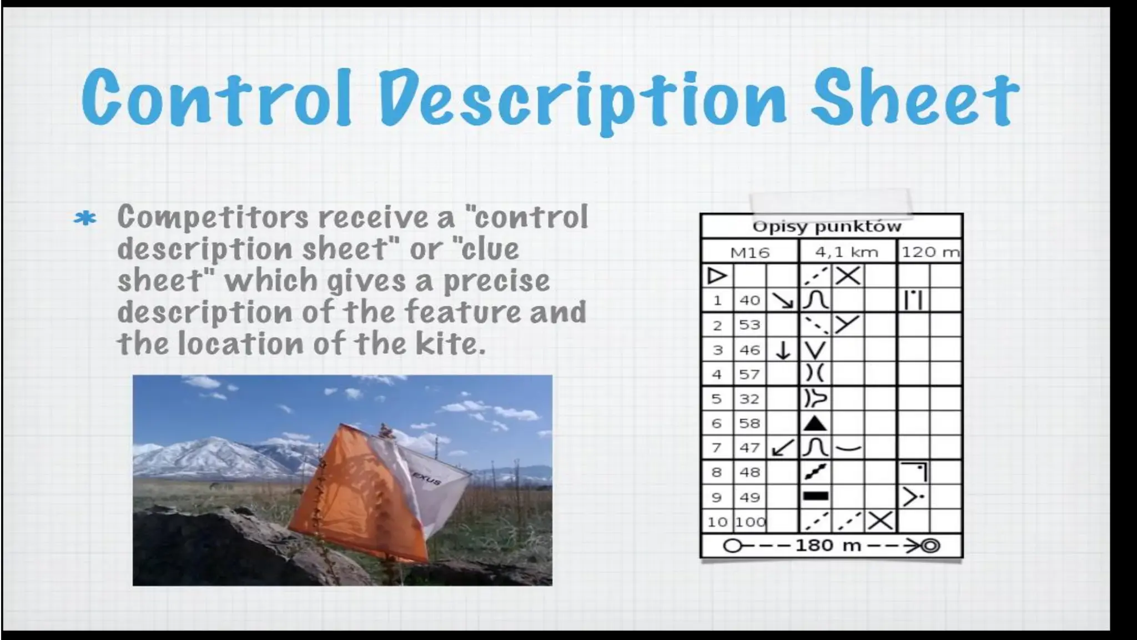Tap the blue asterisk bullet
(x=85, y=219)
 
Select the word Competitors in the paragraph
(x=212, y=217)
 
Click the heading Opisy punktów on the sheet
(x=827, y=227)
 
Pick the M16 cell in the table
(x=749, y=253)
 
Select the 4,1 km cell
(x=846, y=253)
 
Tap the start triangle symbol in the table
(x=716, y=276)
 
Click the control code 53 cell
(x=749, y=325)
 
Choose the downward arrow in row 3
(x=782, y=350)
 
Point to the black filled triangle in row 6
(x=814, y=424)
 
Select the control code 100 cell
(x=750, y=522)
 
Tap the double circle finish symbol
(x=931, y=546)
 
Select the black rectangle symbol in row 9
(x=816, y=497)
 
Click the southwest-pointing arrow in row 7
(x=782, y=448)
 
